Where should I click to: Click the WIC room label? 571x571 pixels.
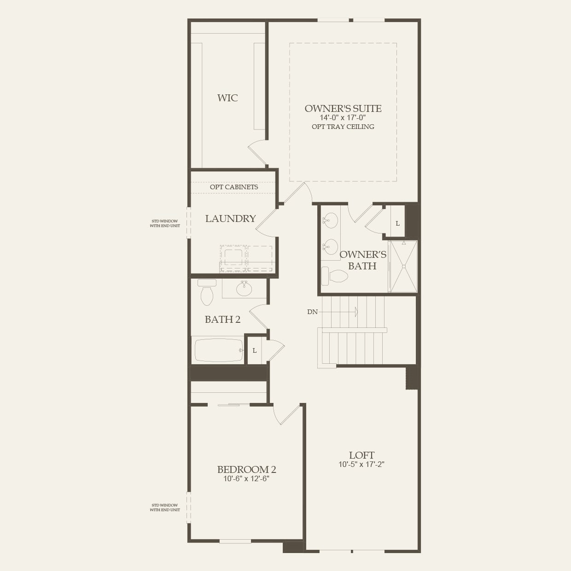(x=227, y=98)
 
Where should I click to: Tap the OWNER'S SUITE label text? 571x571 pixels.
(x=343, y=109)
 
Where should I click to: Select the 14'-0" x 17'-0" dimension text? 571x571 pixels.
(x=343, y=118)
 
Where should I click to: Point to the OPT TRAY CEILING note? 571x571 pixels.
(x=343, y=127)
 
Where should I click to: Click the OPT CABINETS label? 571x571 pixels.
(x=234, y=187)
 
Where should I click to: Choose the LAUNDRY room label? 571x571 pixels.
(x=230, y=219)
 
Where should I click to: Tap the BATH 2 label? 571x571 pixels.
(x=222, y=319)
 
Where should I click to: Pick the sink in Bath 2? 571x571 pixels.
(x=244, y=289)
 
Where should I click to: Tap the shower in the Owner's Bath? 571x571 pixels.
(x=403, y=266)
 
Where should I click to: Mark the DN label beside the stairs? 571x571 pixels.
(x=312, y=312)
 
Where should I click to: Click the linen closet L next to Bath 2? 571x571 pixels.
(x=254, y=351)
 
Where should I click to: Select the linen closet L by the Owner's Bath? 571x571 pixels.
(x=397, y=223)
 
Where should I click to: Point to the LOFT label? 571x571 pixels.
(x=361, y=455)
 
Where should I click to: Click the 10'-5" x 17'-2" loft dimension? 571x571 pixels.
(x=361, y=465)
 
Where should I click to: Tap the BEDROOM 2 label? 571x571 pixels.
(x=246, y=469)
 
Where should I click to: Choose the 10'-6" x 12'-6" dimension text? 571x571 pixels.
(x=246, y=479)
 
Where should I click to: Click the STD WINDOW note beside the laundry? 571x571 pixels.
(x=165, y=223)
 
